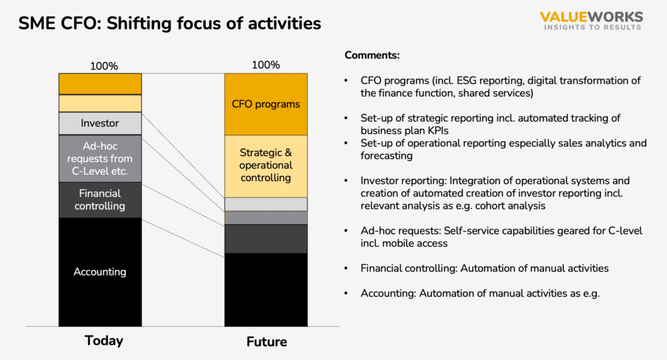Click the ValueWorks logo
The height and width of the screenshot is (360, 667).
coord(591,21)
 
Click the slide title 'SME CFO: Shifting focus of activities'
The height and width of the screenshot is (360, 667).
coord(169,23)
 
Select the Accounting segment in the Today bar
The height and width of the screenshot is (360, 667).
coord(100,271)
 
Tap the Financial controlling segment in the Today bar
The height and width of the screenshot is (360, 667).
coord(100,200)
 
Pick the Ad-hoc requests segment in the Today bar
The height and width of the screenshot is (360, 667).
coord(100,158)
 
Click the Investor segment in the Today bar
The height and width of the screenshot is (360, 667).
coord(100,123)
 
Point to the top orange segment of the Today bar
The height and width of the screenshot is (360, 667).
coord(100,84)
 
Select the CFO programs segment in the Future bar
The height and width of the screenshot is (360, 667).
coord(266,104)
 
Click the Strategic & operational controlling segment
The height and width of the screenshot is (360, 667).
coord(266,165)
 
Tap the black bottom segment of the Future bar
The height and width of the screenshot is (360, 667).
coord(266,289)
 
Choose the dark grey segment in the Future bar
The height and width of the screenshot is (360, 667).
coord(266,238)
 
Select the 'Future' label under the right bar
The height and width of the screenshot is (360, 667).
coord(266,342)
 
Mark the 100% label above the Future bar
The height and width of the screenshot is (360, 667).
coord(266,65)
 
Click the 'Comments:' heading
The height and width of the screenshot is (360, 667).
coord(372,55)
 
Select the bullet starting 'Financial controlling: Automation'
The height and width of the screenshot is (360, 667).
coord(485,268)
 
